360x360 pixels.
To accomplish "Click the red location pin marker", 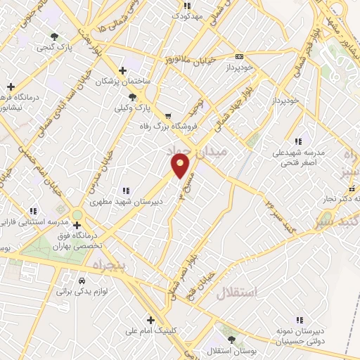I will (181, 166).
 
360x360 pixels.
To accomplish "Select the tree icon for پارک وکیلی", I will (133, 97).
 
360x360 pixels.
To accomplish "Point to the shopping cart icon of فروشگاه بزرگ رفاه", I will (167, 116).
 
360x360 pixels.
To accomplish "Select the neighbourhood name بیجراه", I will (108, 264).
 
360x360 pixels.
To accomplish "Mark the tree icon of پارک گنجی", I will (55, 38).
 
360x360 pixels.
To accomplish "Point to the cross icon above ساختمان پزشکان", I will (123, 70).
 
